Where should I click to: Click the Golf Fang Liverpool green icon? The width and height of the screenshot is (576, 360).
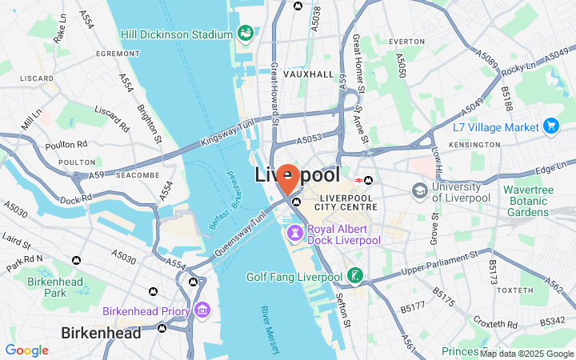[354, 277]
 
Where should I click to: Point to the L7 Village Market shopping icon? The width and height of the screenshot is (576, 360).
[550, 126]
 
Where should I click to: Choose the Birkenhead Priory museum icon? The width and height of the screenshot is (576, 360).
[202, 310]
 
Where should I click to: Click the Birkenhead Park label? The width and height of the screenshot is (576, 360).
[44, 287]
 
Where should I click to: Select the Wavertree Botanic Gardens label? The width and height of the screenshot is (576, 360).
[539, 201]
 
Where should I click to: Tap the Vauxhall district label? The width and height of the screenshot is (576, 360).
[309, 74]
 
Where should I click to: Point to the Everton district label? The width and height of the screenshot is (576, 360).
[406, 41]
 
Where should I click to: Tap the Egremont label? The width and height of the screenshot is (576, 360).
[118, 54]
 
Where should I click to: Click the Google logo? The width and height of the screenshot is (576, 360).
[26, 350]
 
